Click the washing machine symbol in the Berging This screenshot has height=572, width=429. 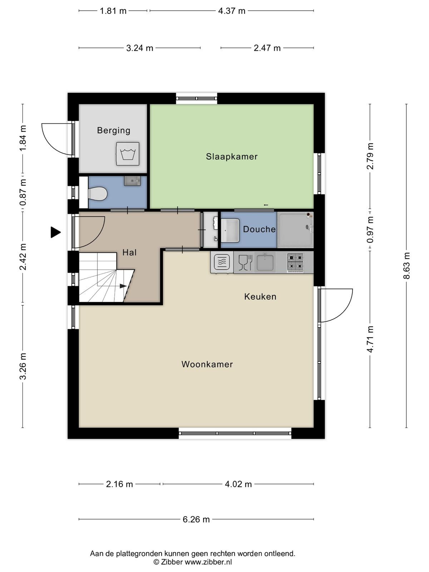click(x=127, y=154)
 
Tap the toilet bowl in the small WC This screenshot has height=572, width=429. click(x=98, y=194)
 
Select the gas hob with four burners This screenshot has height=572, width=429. click(x=295, y=262)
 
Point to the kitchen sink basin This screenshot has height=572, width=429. click(x=265, y=262)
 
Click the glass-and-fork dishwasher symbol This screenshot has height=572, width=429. click(x=245, y=262)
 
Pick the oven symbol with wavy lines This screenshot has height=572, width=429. click(x=222, y=262)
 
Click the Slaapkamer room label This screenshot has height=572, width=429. click(x=232, y=156)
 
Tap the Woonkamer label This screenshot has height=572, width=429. click(x=207, y=364)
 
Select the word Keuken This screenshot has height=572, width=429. click(x=260, y=297)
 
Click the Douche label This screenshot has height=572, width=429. click(x=259, y=229)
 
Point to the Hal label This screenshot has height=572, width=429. click(x=129, y=252)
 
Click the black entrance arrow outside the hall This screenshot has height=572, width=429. click(x=55, y=232)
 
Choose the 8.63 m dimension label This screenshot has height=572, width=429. click(x=406, y=266)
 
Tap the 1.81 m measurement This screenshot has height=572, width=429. click(x=113, y=11)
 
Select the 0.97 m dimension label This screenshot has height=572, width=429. click(x=370, y=230)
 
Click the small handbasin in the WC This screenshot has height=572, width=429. click(x=132, y=181)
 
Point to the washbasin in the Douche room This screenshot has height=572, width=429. click(x=230, y=230)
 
